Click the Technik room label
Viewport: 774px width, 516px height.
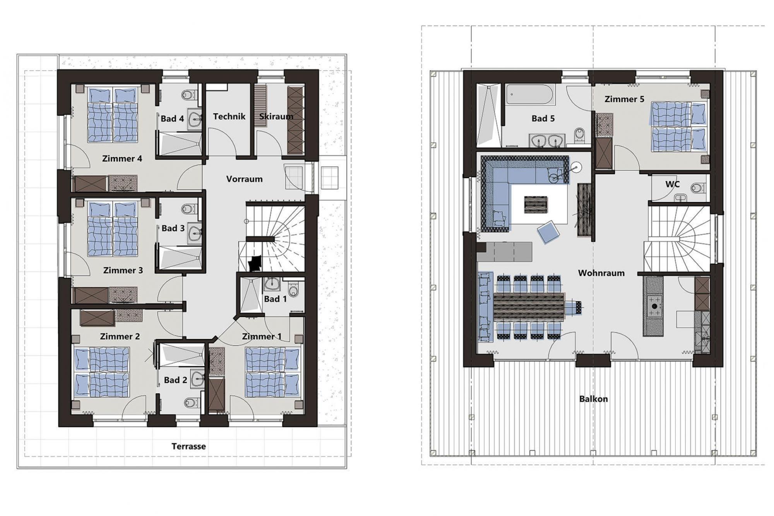(x=229, y=117)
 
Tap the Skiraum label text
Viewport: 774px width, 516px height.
(x=276, y=117)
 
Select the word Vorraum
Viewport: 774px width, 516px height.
(x=244, y=179)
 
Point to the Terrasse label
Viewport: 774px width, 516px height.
(x=188, y=446)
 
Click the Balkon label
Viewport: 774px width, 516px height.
(x=593, y=399)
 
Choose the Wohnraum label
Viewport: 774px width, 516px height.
(x=601, y=273)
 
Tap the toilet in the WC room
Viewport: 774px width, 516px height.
(x=697, y=188)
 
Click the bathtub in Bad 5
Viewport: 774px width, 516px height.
(x=531, y=94)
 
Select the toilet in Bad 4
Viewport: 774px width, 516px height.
(x=188, y=95)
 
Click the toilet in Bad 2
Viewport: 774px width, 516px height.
(x=190, y=403)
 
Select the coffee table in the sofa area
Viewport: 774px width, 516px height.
(x=536, y=204)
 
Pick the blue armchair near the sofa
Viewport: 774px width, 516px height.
(x=548, y=232)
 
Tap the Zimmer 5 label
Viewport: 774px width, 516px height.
(x=624, y=99)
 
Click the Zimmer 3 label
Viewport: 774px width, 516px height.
(x=123, y=271)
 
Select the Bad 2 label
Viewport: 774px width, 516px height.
(x=175, y=381)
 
